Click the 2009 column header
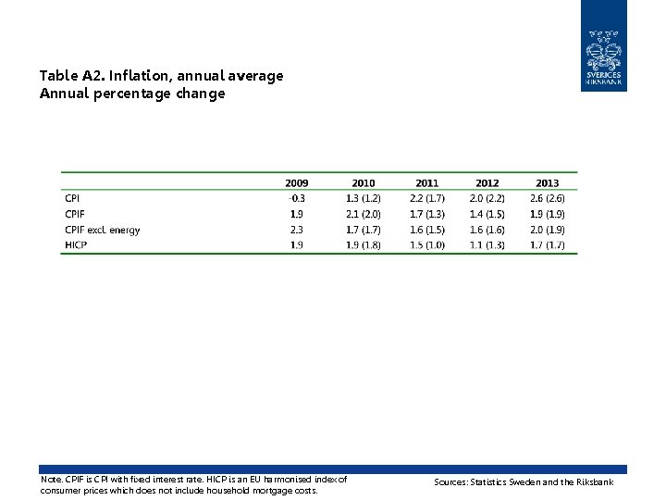tap(297, 183)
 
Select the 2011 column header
tap(426, 183)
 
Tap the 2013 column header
tap(547, 183)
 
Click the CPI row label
tap(72, 198)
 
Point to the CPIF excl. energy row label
tap(102, 230)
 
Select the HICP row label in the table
tap(76, 245)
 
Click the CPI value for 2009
tap(297, 198)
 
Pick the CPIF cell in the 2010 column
tap(364, 214)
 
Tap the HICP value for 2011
tap(426, 245)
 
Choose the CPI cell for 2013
tap(547, 198)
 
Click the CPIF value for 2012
tap(487, 214)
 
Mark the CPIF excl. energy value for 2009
tap(297, 230)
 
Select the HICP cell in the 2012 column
tap(487, 245)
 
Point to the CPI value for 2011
tap(426, 198)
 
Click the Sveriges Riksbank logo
tap(603, 46)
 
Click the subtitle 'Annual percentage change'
tap(132, 94)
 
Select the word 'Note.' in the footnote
tap(52, 480)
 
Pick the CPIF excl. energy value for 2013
tap(547, 230)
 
